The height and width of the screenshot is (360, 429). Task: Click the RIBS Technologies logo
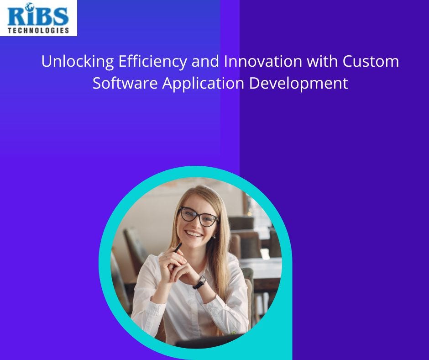(x=38, y=18)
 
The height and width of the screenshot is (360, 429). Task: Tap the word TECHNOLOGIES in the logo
(x=38, y=30)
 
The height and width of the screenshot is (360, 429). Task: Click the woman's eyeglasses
(x=199, y=216)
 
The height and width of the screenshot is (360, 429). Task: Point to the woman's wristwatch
(x=199, y=282)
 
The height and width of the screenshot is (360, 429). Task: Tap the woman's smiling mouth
(x=194, y=233)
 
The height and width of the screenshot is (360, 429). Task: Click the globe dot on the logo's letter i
(x=30, y=7)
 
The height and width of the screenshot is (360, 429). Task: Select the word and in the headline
(x=205, y=62)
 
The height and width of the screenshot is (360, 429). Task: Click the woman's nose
(x=195, y=223)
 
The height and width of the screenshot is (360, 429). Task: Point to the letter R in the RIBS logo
(x=17, y=17)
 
